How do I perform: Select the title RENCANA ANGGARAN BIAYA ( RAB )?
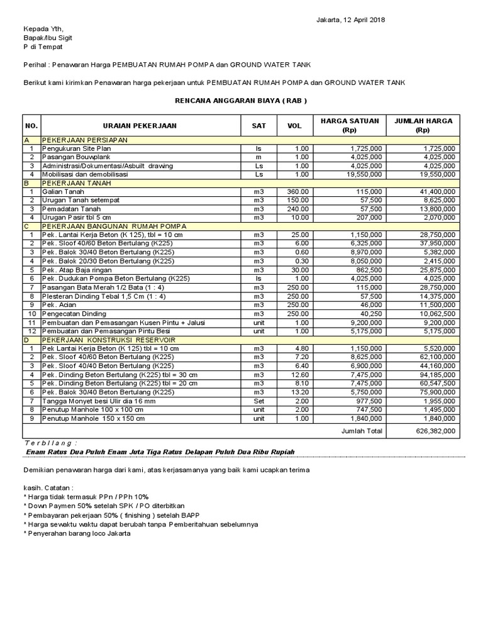click(x=241, y=101)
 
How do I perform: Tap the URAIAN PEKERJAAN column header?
click(x=140, y=126)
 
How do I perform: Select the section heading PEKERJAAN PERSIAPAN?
click(x=85, y=140)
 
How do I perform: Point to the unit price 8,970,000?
click(x=361, y=252)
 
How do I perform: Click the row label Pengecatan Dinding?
click(x=74, y=313)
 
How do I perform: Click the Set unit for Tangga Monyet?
click(x=259, y=401)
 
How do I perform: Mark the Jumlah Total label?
click(x=361, y=431)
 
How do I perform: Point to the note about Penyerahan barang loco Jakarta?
click(x=78, y=533)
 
